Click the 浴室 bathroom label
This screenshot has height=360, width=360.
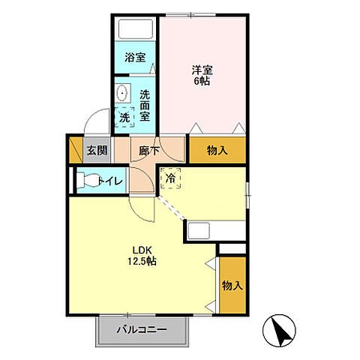point(135,58)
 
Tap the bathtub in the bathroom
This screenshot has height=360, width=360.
point(135,28)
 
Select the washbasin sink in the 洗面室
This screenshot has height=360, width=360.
point(122,92)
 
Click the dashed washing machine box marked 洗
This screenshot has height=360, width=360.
point(124,117)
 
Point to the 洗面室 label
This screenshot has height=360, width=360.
point(145,105)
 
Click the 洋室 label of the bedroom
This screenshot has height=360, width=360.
point(202,70)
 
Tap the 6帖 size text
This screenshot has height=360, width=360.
point(202,81)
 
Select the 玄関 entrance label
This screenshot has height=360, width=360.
point(97,151)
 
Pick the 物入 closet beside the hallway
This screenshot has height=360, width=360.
point(217,151)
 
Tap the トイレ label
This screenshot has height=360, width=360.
point(111,181)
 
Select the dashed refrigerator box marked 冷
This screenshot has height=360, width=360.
point(171,178)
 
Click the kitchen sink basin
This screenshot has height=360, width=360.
point(199,231)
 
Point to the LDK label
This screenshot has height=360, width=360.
point(142,250)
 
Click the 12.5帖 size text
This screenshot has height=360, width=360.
point(142,261)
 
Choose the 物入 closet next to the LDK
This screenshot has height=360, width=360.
point(232,285)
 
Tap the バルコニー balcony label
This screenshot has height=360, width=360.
point(142,329)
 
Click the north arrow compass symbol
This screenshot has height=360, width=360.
point(279,331)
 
